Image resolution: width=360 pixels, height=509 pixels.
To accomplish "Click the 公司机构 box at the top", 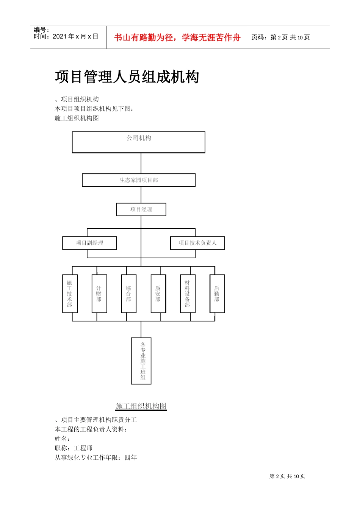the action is point(139,142).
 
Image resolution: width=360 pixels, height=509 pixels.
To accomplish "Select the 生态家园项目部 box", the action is point(139,180).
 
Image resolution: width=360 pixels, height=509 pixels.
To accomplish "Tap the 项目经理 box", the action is point(141,209).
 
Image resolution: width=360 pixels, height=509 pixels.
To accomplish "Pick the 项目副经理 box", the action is point(89,243).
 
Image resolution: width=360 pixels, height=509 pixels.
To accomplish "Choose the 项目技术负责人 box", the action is point(197,243).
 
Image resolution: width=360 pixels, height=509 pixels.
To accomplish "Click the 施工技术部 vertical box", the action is point(70,294).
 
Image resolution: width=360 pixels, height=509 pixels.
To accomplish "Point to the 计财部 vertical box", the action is point(99,294).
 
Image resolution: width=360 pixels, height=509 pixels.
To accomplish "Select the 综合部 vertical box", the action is point(128,294).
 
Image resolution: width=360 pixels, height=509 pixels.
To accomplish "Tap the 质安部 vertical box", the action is point(158,294).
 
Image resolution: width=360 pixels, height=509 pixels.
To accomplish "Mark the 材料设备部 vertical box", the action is point(188,294).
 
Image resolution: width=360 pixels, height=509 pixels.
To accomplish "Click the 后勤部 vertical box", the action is point(217,294).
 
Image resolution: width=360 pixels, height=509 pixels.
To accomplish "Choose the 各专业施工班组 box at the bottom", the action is point(141,361).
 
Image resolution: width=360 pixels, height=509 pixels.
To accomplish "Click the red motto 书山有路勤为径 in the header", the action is point(177,37).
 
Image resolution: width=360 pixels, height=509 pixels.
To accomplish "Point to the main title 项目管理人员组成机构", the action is point(127,77).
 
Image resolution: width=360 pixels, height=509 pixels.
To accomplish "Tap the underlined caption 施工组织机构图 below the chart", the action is point(141,406).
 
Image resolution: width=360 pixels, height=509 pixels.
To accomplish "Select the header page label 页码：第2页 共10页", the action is point(281,37).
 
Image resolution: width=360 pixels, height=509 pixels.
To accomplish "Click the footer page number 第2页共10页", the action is point(287,476).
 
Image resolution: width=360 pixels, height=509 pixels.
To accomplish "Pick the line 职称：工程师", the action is point(74,448).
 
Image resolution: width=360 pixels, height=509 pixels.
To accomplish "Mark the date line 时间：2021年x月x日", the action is point(66,37).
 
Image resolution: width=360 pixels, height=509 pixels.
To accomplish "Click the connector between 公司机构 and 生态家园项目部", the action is point(141,163).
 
